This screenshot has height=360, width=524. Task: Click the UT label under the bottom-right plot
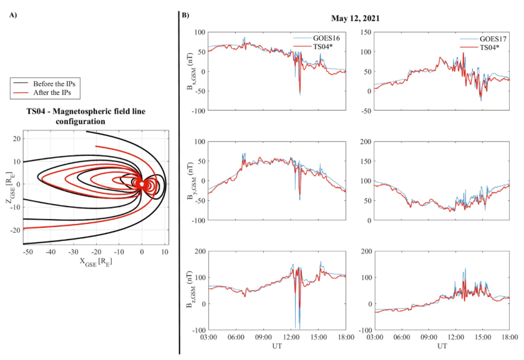click(442, 344)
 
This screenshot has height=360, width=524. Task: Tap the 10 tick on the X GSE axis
click(165, 252)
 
